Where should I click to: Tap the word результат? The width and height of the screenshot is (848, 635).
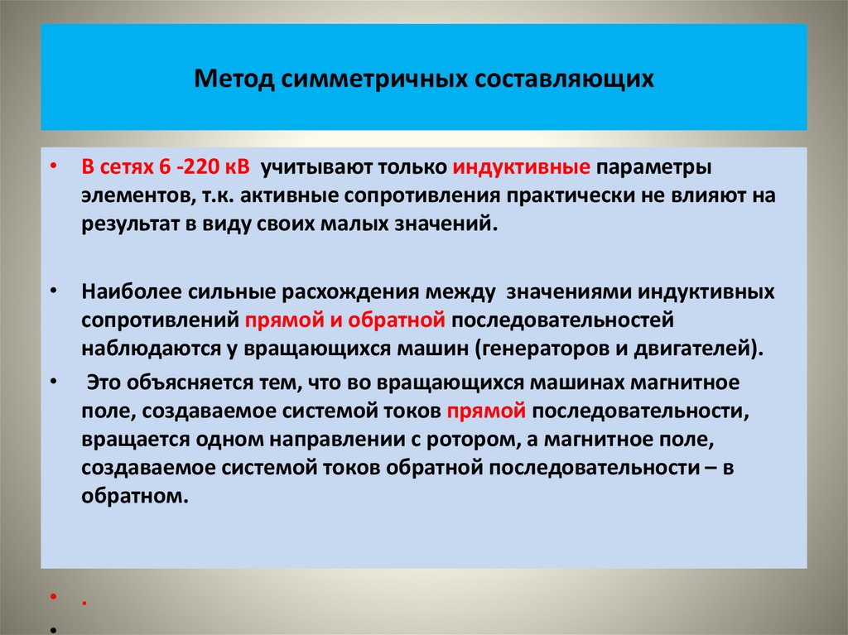tap(125, 224)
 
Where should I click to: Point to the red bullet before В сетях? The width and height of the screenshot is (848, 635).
tap(54, 166)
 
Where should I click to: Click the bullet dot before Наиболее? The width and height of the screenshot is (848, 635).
tap(54, 292)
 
